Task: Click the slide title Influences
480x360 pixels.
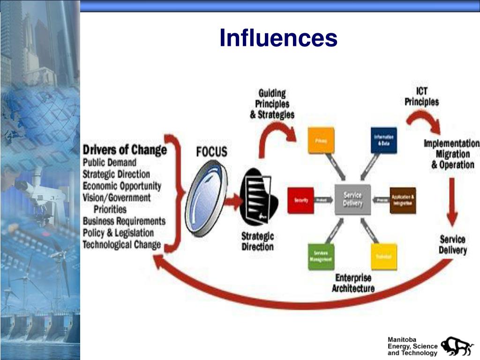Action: tap(278, 38)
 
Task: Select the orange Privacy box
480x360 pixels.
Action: tap(321, 140)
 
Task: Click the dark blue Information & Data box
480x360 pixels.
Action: tap(384, 140)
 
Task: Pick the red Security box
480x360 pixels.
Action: tap(300, 200)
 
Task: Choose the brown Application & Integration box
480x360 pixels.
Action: tap(403, 200)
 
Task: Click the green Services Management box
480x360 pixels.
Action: tap(321, 256)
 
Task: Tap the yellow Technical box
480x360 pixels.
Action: tap(384, 256)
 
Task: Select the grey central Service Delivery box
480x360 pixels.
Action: tap(352, 199)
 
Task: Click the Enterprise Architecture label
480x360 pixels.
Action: tap(353, 283)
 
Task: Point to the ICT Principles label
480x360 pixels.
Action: tap(422, 96)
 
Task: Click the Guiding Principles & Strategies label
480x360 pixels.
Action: tap(272, 104)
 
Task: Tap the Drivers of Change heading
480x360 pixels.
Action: tap(125, 150)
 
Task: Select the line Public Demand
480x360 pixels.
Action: tap(110, 162)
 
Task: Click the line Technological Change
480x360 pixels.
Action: tap(122, 245)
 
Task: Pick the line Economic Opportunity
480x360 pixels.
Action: tap(122, 186)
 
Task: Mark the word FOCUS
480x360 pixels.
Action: tap(211, 151)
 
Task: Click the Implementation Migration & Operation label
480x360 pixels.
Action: tap(452, 154)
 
